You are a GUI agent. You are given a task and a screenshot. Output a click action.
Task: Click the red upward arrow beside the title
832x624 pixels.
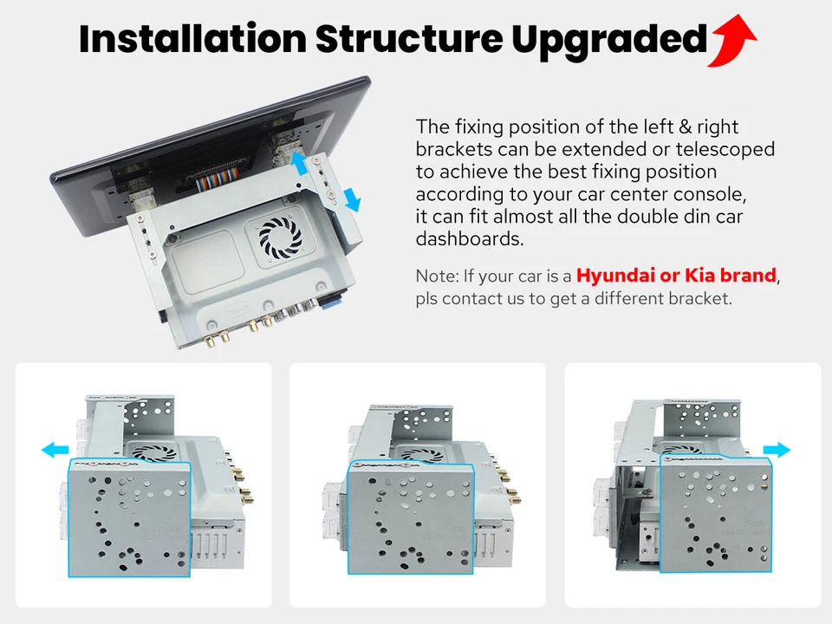pyautogui.click(x=731, y=42)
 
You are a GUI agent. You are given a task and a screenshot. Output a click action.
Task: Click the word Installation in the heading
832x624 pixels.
pyautogui.click(x=192, y=39)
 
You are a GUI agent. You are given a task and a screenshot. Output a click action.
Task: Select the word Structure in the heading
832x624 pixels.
pyautogui.click(x=409, y=39)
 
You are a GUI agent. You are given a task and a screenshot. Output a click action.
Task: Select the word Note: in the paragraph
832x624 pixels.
pyautogui.click(x=437, y=276)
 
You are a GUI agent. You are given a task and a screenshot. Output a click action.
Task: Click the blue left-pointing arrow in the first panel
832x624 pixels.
pyautogui.click(x=55, y=451)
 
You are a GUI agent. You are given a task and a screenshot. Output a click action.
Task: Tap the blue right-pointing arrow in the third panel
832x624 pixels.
pyautogui.click(x=777, y=450)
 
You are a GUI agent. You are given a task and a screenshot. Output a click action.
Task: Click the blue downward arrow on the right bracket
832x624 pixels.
pyautogui.click(x=352, y=200)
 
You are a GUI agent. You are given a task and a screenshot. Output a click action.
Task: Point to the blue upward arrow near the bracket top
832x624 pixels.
pyautogui.click(x=299, y=163)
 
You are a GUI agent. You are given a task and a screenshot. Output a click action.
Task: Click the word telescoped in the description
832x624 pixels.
pyautogui.click(x=725, y=150)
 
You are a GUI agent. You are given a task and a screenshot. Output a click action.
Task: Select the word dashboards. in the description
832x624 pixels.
pyautogui.click(x=470, y=239)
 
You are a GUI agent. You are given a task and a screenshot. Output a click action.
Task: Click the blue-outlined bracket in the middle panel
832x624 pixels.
pyautogui.click(x=410, y=517)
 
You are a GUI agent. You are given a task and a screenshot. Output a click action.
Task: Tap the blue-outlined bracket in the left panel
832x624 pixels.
pyautogui.click(x=129, y=518)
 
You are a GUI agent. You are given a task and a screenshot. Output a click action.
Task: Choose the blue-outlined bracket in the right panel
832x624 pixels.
pyautogui.click(x=716, y=512)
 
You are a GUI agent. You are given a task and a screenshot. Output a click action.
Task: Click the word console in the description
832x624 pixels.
pyautogui.click(x=710, y=195)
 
